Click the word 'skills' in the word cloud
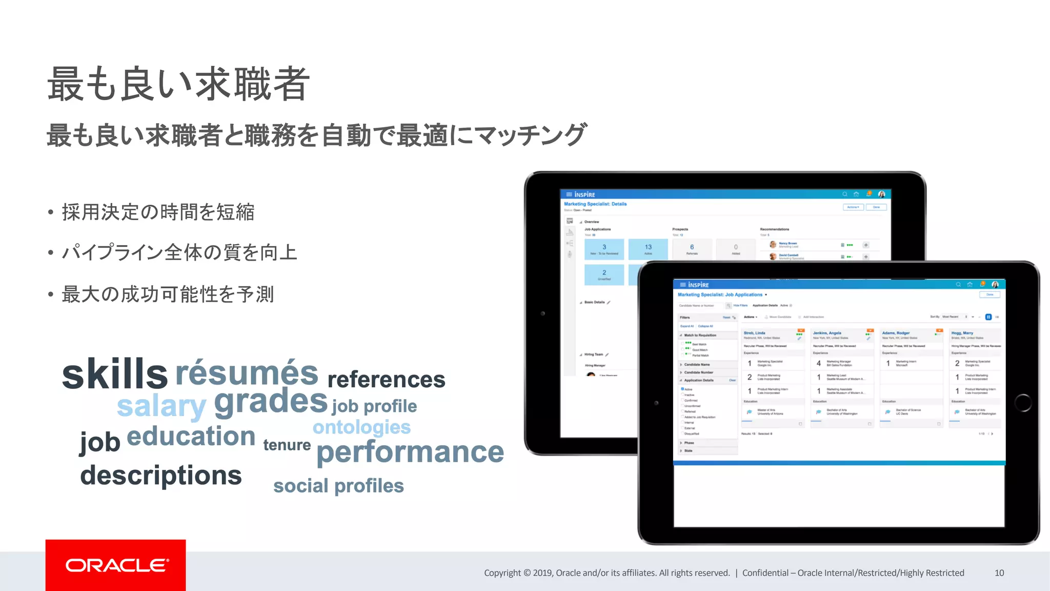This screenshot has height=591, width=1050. tap(114, 374)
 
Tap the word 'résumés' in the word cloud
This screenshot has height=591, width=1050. tap(247, 373)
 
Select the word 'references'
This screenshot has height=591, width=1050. tap(386, 380)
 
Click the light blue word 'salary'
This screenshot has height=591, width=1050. tap(161, 406)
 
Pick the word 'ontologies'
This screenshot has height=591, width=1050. tap(361, 427)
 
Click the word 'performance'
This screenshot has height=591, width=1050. tap(410, 452)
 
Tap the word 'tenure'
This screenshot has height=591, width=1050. tap(287, 445)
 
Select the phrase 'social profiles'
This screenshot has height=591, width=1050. tap(338, 486)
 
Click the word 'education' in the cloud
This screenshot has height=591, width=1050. tap(191, 437)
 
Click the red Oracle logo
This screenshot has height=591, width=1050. tap(116, 565)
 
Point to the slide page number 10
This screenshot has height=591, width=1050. tap(999, 573)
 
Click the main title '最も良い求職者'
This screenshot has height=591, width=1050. tap(178, 84)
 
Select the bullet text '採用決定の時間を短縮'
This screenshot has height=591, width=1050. tap(158, 212)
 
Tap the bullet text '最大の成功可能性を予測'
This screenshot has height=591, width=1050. tap(168, 294)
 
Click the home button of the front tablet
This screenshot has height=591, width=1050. tap(1023, 403)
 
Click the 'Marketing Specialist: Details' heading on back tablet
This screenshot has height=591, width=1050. tap(595, 204)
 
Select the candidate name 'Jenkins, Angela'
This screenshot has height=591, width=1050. tap(827, 333)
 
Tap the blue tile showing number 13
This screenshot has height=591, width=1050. tap(648, 249)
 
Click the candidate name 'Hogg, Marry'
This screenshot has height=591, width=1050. tap(962, 333)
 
